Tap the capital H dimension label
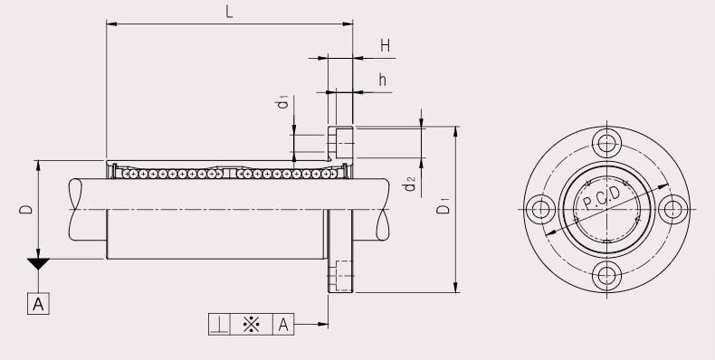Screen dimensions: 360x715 (385, 45)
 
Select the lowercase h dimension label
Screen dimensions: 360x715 (383, 80)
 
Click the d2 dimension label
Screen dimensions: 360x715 (410, 185)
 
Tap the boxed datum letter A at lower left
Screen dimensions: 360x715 (38, 303)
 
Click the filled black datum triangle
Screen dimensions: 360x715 (38, 264)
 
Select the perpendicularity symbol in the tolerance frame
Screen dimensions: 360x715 (219, 324)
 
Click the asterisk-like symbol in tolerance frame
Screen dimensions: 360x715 (252, 324)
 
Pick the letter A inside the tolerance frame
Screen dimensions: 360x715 (283, 324)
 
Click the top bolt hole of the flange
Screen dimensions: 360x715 (605, 143)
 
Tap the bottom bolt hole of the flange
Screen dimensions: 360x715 (605, 275)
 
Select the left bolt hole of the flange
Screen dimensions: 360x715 (540, 209)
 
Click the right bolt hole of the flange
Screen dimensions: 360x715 (672, 209)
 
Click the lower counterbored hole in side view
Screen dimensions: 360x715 (341, 275)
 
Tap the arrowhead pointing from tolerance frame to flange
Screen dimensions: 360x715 (322, 324)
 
